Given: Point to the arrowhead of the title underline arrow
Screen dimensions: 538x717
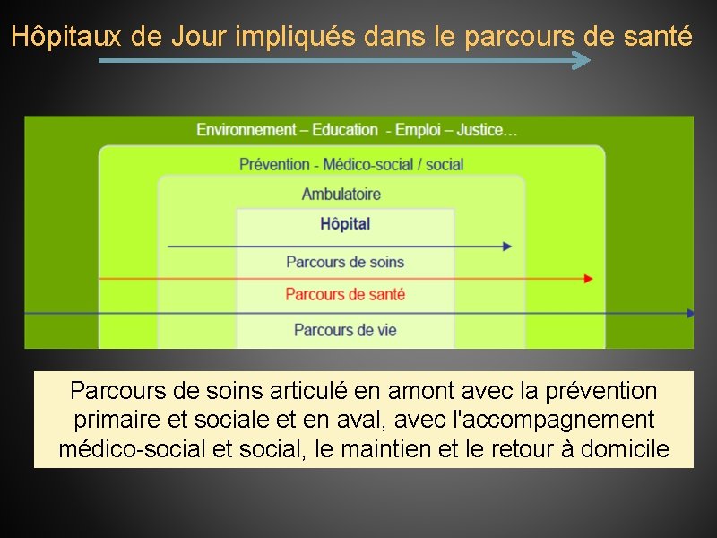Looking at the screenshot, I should tap(583, 61).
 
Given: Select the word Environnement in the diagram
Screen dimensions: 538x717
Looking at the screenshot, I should tap(246, 130).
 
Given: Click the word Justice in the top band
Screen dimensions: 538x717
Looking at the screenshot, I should tap(480, 130).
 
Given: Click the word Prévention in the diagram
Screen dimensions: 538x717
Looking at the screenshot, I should tap(274, 164).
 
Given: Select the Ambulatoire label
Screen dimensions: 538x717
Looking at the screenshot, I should tap(341, 194).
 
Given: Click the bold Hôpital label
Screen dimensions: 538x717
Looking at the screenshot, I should tap(345, 224).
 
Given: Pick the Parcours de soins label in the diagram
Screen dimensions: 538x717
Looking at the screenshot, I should tap(345, 262).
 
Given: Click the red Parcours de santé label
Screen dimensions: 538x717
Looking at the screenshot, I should tap(345, 294).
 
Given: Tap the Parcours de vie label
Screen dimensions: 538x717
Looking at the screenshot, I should tap(345, 330).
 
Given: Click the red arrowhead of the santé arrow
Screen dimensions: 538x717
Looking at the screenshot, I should tap(588, 279).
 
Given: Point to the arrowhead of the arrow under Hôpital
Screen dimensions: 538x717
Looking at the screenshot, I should tap(507, 246).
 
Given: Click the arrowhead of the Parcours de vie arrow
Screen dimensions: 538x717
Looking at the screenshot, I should tap(690, 313).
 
